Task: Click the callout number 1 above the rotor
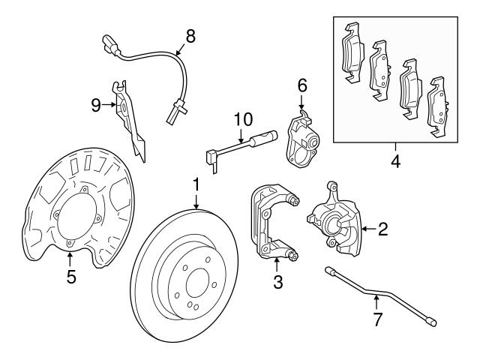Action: coord(196,184)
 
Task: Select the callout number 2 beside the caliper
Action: coord(382,229)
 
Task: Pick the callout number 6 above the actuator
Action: coord(302,86)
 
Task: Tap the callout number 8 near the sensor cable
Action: coord(190,34)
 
